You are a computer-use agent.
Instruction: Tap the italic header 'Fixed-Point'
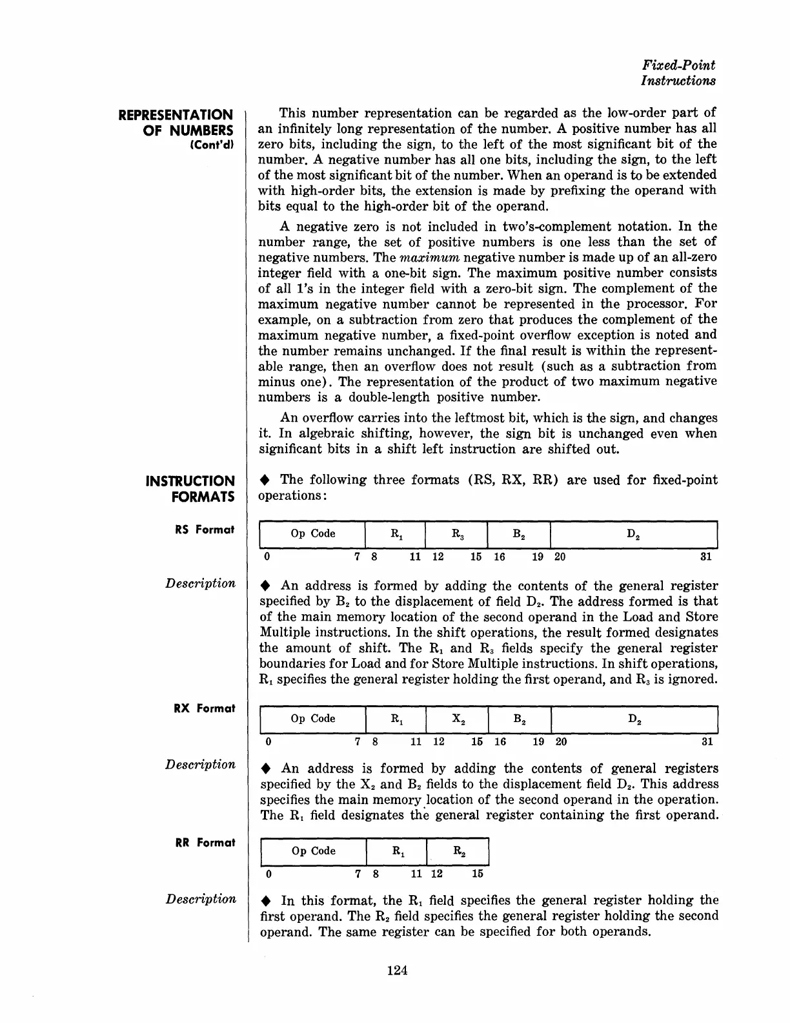pyautogui.click(x=679, y=65)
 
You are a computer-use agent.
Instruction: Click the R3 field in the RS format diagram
pyautogui.click(x=456, y=533)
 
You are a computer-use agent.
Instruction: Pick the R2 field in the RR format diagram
pyautogui.click(x=458, y=851)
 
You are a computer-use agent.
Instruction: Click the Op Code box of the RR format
pyautogui.click(x=314, y=851)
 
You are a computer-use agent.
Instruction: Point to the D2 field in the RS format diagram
pyautogui.click(x=634, y=533)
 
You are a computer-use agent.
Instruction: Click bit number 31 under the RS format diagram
pyautogui.click(x=706, y=557)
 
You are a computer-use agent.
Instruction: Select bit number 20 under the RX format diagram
pyautogui.click(x=561, y=741)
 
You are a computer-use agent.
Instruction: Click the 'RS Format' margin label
pyautogui.click(x=205, y=530)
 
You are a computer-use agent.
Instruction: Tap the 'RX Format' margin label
pyautogui.click(x=205, y=708)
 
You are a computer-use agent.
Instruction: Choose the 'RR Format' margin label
pyautogui.click(x=205, y=842)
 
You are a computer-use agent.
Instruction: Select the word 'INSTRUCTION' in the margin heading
pyautogui.click(x=190, y=481)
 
